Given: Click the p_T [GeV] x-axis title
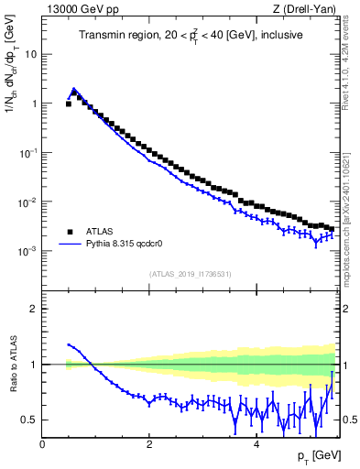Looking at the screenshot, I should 313,455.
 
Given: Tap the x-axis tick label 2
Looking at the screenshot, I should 148,444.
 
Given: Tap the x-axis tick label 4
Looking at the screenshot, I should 256,444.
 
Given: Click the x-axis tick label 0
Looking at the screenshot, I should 42,444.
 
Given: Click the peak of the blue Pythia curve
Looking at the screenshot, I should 74,90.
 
